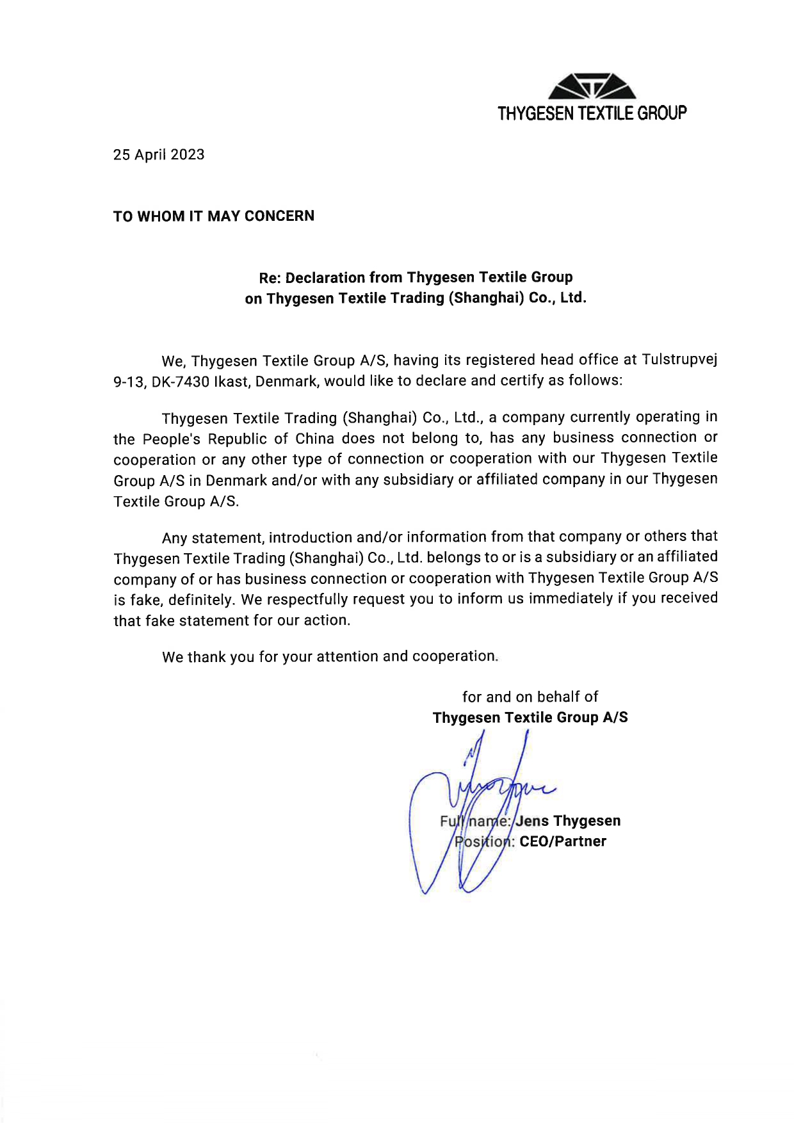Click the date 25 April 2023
(159, 155)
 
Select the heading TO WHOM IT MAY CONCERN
(214, 216)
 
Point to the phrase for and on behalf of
(530, 697)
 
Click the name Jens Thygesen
(568, 821)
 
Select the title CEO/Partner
(563, 842)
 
